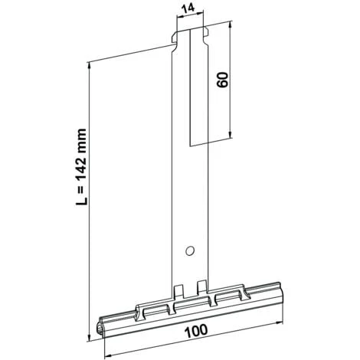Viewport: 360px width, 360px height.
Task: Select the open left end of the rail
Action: (105, 328)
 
